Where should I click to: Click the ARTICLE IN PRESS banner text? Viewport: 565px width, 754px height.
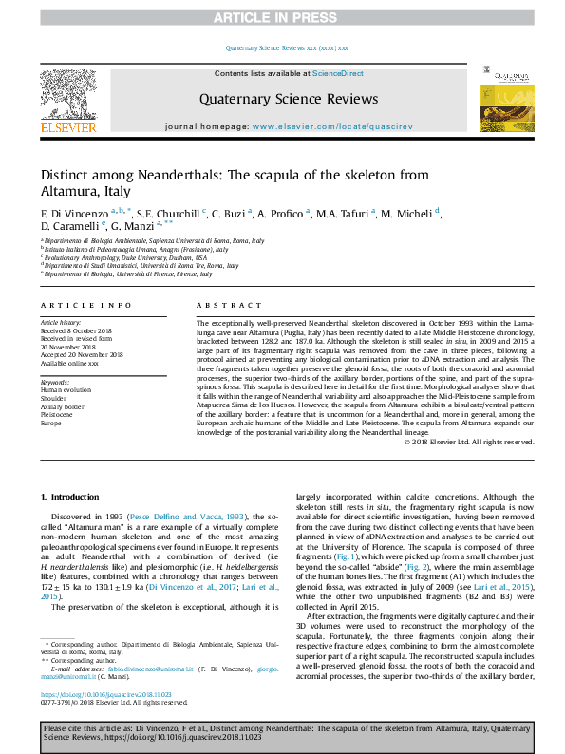pos(282,18)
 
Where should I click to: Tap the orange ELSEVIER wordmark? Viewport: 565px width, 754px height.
pos(67,127)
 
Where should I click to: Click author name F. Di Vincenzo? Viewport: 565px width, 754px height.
pos(75,213)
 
